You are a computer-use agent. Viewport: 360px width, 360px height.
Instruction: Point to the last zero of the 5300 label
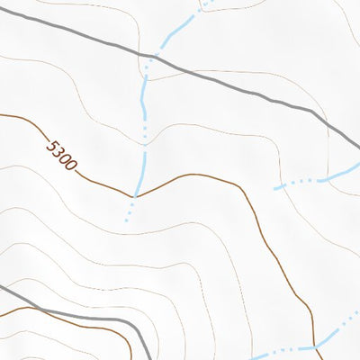72,165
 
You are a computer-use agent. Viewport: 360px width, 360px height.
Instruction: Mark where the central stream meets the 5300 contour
136,194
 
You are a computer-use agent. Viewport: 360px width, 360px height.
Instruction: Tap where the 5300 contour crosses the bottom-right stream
316,345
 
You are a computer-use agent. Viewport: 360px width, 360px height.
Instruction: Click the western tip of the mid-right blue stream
275,187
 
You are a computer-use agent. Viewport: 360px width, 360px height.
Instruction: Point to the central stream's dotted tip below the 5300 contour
126,220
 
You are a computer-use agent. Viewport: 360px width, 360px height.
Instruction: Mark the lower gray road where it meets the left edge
1,288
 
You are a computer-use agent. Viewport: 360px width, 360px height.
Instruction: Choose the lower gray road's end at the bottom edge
148,358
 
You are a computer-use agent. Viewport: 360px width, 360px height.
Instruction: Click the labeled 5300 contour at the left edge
1,114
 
